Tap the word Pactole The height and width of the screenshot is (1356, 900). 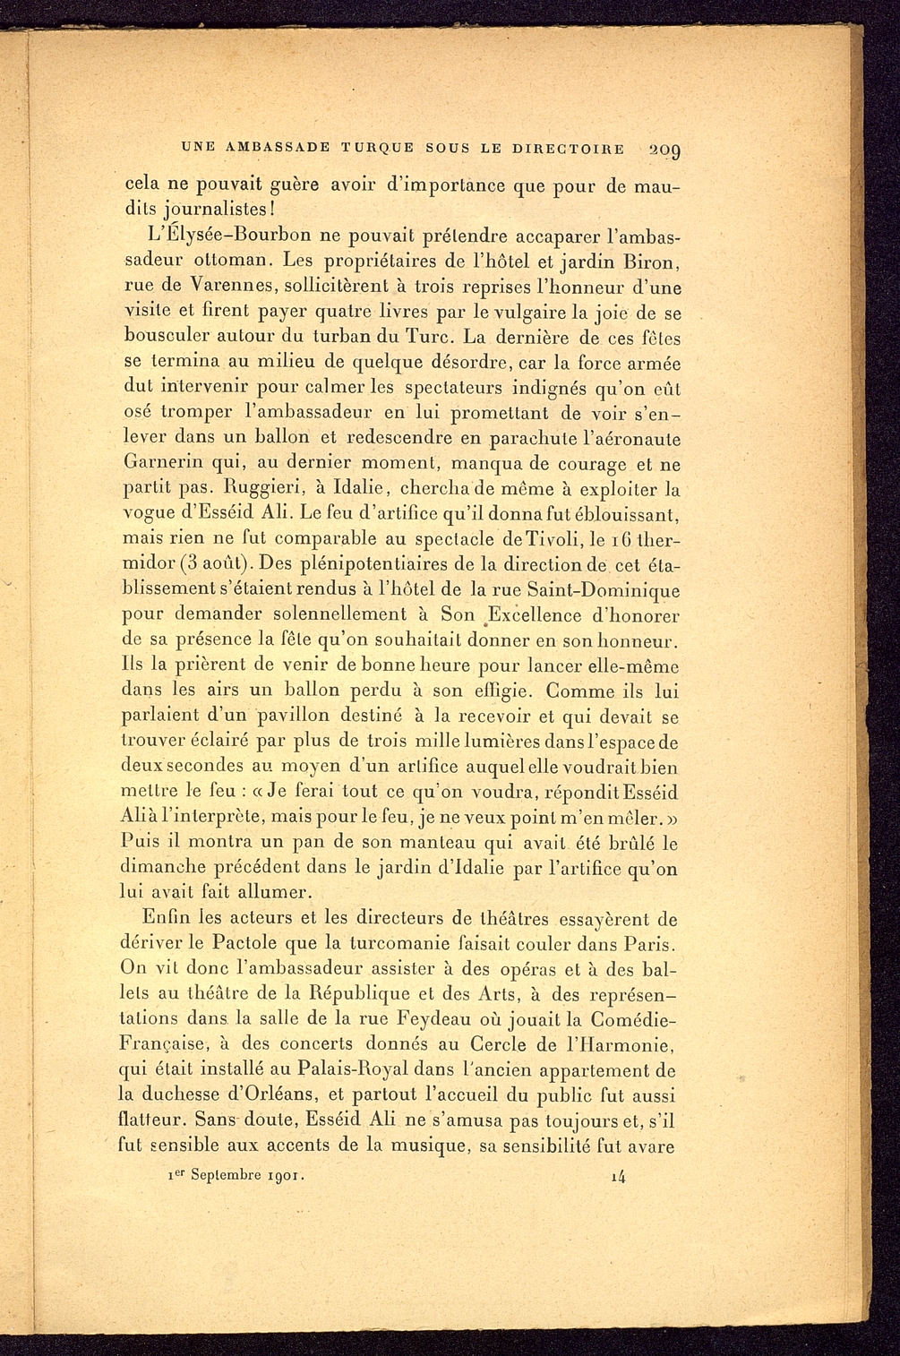219,945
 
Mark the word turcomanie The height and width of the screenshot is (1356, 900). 396,945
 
